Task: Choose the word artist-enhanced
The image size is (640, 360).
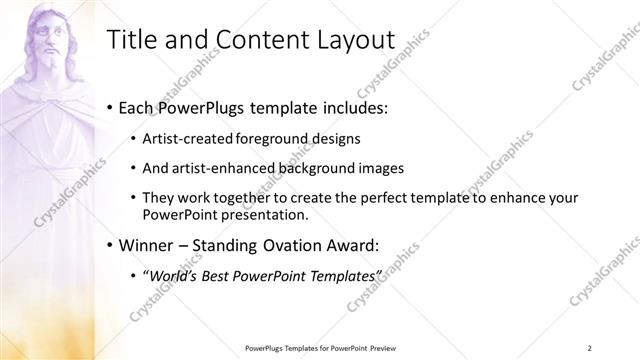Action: pos(220,168)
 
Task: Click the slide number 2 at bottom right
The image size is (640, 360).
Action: pos(590,347)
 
